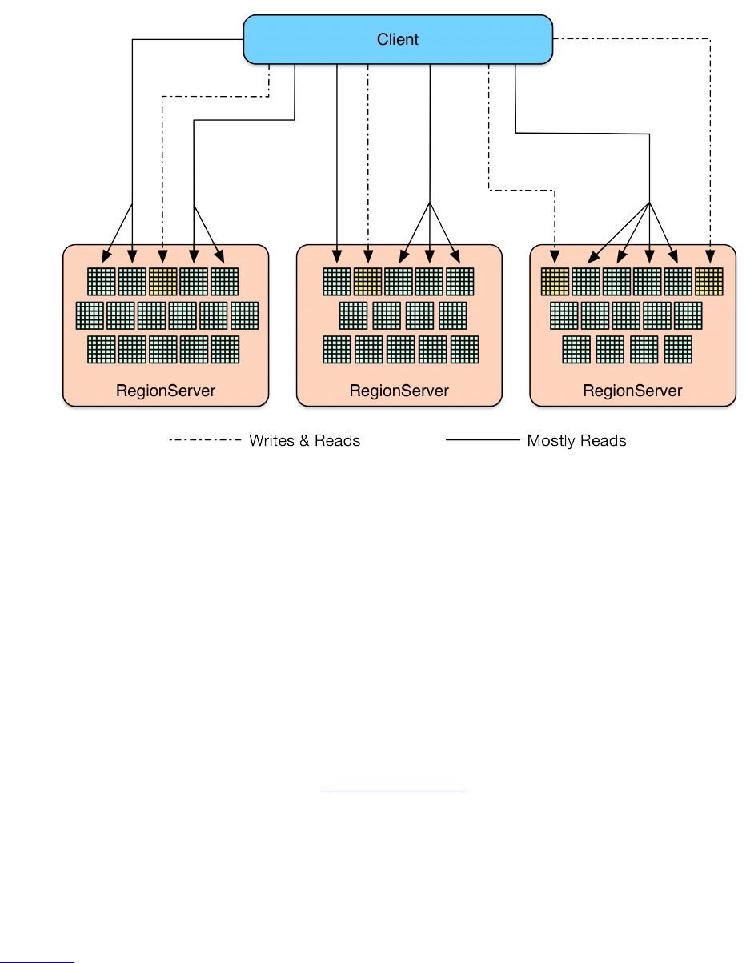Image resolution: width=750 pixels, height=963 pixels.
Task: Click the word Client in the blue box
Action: (398, 39)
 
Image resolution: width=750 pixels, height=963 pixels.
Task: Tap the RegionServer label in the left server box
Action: (166, 391)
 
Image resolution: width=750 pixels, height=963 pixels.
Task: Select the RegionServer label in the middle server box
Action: (399, 391)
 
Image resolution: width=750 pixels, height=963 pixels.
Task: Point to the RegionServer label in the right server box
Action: (632, 391)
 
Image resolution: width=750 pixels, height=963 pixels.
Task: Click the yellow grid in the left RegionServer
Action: (163, 282)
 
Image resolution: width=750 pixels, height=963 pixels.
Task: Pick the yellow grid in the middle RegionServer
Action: (368, 282)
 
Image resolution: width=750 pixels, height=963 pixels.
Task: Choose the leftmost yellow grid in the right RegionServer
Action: (555, 282)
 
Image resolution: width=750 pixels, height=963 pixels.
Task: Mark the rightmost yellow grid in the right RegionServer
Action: (709, 282)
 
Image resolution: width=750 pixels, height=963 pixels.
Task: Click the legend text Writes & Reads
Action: (304, 441)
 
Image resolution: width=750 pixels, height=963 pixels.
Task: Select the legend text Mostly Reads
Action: (576, 441)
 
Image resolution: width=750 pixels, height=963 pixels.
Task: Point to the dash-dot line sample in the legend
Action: (204, 440)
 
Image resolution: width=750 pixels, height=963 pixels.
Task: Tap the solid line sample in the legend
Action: (482, 440)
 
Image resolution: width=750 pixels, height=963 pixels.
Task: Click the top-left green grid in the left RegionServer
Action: (102, 282)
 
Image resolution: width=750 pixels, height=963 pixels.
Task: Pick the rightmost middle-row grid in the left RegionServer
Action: (245, 315)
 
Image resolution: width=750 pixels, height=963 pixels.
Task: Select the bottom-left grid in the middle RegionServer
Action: (337, 350)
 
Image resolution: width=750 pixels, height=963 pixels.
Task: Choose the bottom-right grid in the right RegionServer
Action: (678, 350)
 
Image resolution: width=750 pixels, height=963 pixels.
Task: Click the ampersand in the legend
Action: (303, 441)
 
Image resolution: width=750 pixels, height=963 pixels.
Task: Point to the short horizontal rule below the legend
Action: (393, 792)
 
